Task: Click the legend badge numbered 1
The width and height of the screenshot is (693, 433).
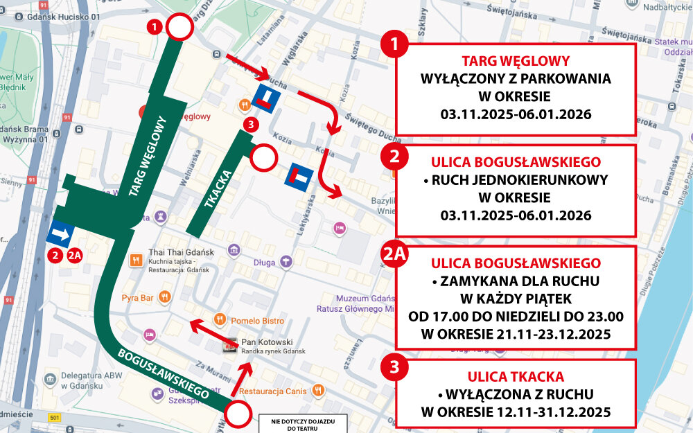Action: [x=395, y=46]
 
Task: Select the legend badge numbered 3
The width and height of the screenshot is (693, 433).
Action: [x=395, y=367]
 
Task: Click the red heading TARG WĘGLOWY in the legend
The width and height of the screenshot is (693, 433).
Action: [x=516, y=60]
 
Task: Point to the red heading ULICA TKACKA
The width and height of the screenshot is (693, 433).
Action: [x=516, y=377]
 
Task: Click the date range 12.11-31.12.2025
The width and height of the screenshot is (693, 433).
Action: [x=516, y=413]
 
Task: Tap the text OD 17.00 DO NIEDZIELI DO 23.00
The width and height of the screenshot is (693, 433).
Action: [x=516, y=317]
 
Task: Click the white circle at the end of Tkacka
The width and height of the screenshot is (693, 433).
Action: [x=263, y=159]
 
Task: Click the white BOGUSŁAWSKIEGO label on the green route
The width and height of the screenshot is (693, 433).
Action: [x=164, y=373]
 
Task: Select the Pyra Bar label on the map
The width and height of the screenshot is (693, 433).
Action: [x=137, y=298]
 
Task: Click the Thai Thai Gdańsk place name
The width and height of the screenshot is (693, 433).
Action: [x=181, y=253]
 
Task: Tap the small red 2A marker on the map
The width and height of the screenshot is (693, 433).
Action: [x=76, y=255]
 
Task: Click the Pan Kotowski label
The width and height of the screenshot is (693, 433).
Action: [x=266, y=342]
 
